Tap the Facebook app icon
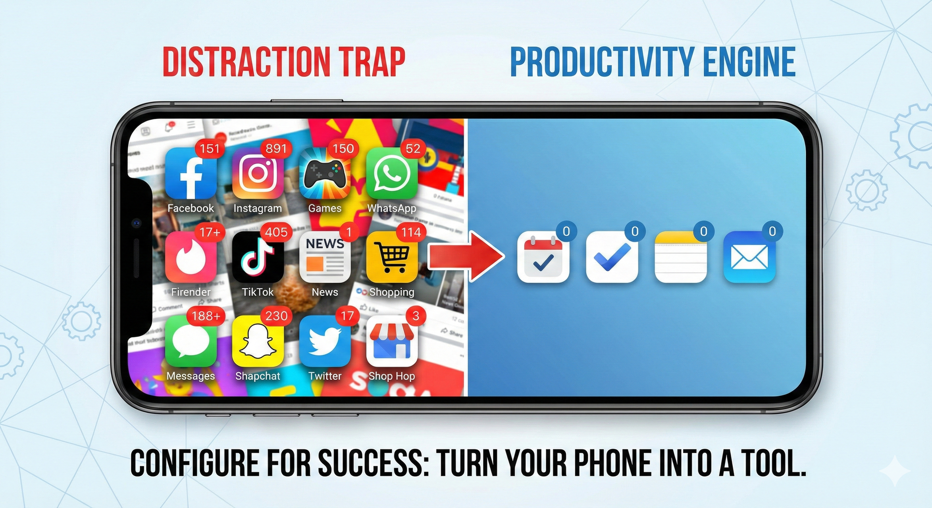click(x=191, y=174)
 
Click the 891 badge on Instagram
click(x=276, y=149)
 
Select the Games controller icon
click(x=325, y=174)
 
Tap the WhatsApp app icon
click(x=392, y=174)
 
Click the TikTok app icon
click(x=257, y=258)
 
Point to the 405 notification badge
click(x=276, y=232)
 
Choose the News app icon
click(x=325, y=258)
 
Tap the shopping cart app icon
click(x=392, y=258)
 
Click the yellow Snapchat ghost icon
click(x=257, y=342)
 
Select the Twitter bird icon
click(x=325, y=342)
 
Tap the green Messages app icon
click(x=191, y=342)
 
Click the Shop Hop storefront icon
click(x=392, y=342)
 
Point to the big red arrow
click(x=465, y=256)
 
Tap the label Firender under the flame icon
click(x=191, y=292)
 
